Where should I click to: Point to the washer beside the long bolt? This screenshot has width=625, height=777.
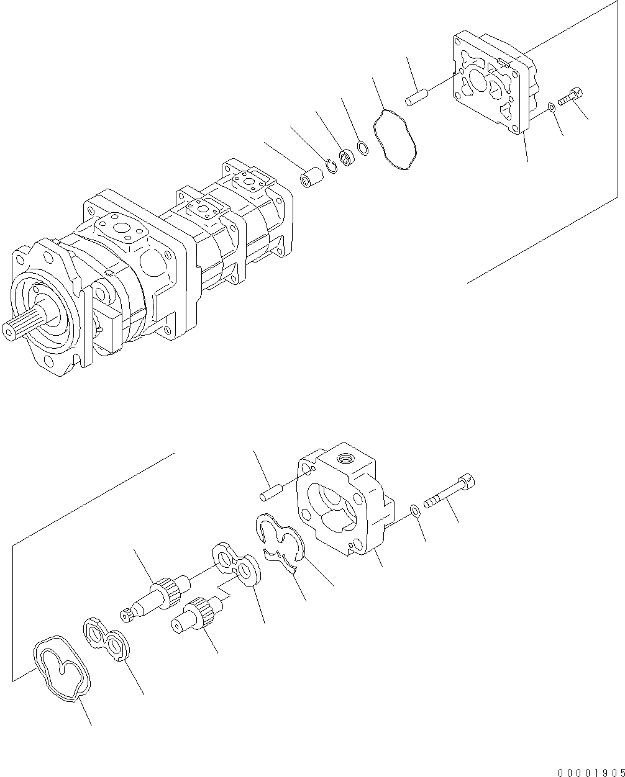(x=414, y=511)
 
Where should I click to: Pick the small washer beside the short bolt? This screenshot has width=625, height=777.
(x=552, y=109)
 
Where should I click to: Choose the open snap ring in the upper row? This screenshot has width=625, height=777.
(x=332, y=166)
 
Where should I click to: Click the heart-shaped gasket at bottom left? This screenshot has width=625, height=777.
(x=62, y=669)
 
